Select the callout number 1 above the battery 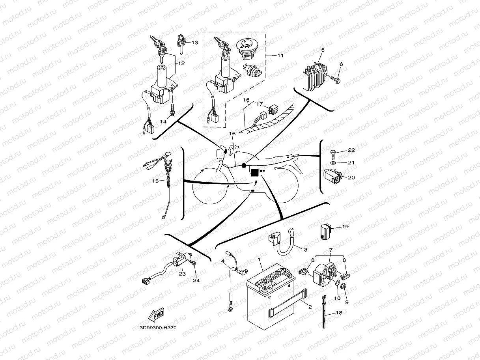[x=259, y=260]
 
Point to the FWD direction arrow [x=155, y=315]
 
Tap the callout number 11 [x=280, y=56]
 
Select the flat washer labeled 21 [x=332, y=162]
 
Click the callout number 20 [x=351, y=177]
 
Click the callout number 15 [x=155, y=181]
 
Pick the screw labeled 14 [x=173, y=112]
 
